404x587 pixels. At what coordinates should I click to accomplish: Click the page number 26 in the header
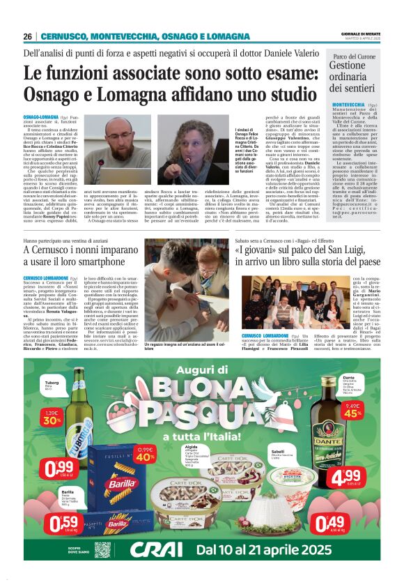[28, 36]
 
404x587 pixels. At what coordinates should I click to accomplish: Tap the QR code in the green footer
[102, 549]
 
